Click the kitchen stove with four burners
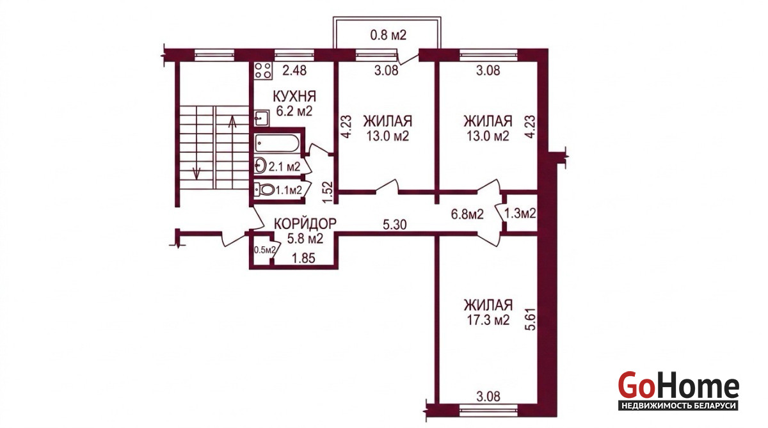[263, 70]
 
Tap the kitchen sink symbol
[262, 118]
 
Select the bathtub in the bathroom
[276, 143]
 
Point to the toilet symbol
[264, 189]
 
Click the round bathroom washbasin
[260, 166]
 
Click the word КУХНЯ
[294, 97]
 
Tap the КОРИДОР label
[305, 224]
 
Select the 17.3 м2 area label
[488, 321]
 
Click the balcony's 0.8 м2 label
[388, 35]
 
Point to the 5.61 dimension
[530, 318]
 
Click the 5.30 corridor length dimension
[395, 225]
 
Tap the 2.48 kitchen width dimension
[294, 70]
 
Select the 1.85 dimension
[303, 258]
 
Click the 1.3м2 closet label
[520, 214]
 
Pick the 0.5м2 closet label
[264, 250]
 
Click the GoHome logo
[678, 391]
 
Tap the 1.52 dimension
[328, 192]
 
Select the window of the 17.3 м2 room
[488, 408]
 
